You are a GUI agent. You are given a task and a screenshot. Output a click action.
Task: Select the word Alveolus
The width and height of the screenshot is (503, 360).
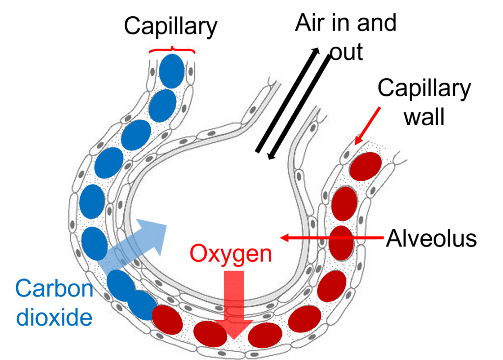coord(431,238)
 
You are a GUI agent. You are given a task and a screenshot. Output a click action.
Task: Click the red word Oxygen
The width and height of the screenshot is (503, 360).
coord(231,254)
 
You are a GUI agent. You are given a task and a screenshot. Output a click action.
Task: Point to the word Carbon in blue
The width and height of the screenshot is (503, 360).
coord(54,288)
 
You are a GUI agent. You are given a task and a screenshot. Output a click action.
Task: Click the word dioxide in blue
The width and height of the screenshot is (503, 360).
coord(54,317)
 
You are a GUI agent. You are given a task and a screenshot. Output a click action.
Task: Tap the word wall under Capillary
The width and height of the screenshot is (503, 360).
coord(424,118)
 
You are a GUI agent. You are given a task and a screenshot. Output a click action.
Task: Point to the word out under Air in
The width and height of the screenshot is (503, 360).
coord(346,52)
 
